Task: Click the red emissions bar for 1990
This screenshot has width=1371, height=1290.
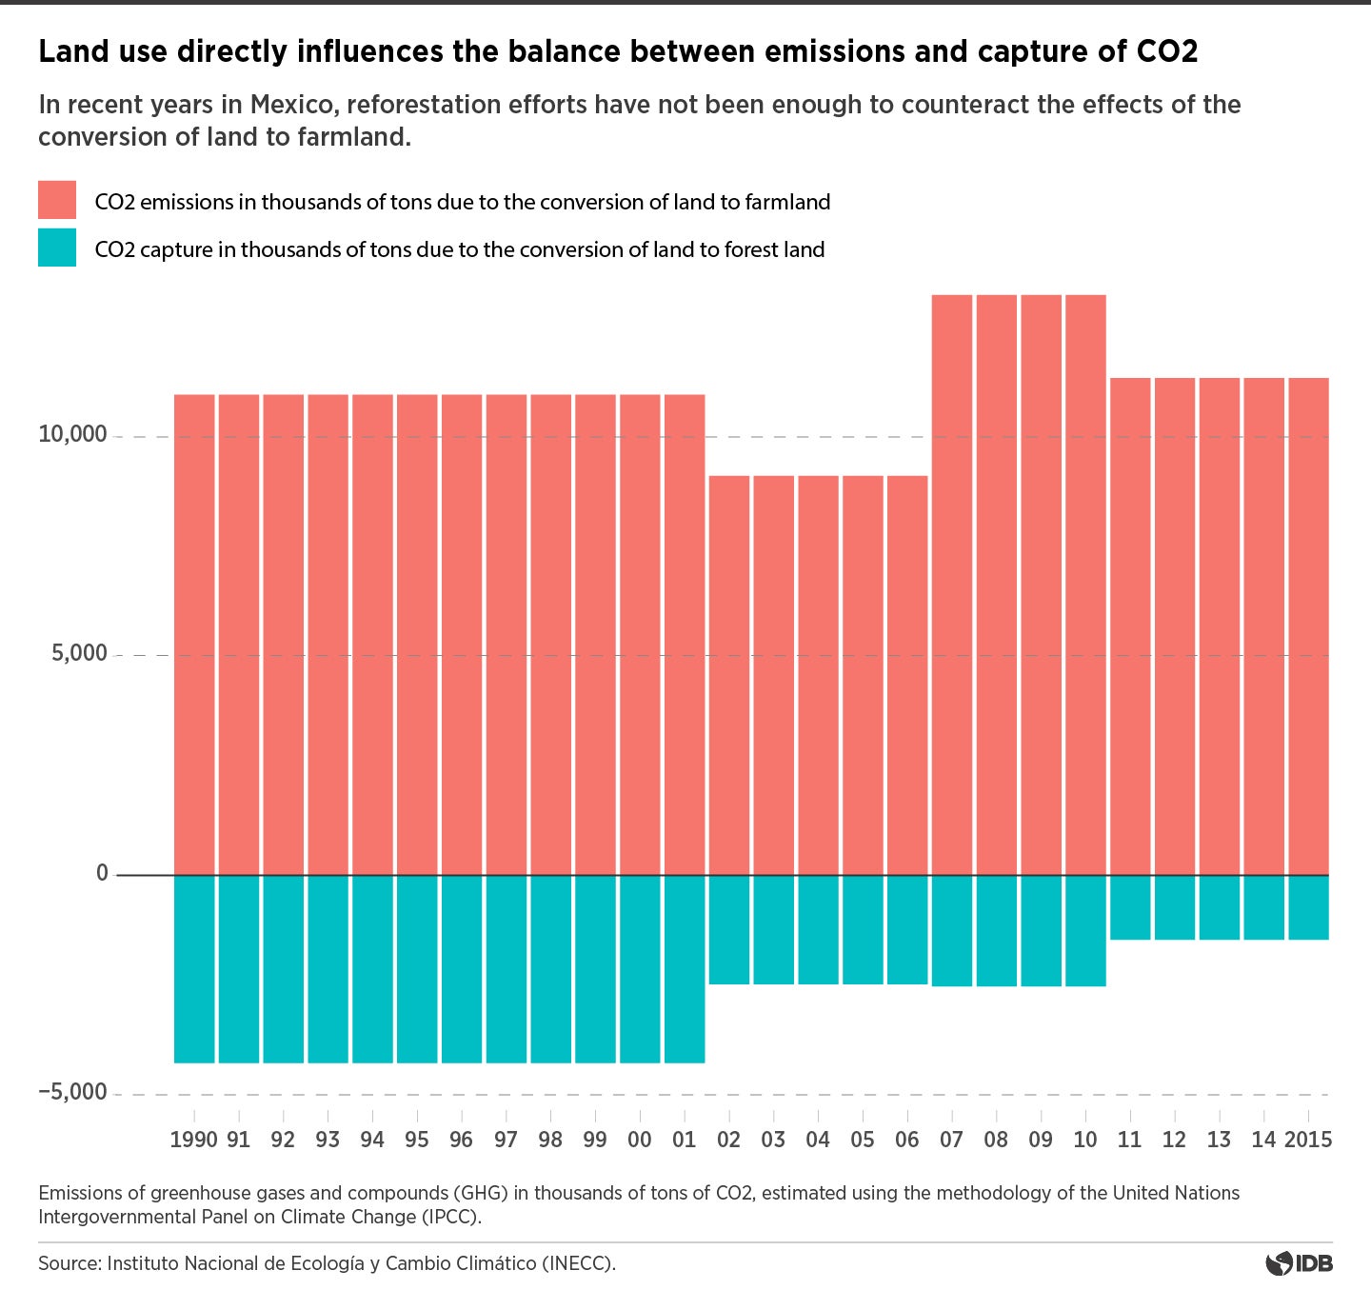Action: pos(194,634)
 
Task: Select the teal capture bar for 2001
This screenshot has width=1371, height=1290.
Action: pos(685,968)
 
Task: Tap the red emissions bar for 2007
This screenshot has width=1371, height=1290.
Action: pos(952,585)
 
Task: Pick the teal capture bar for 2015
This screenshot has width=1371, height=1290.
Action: pos(1308,907)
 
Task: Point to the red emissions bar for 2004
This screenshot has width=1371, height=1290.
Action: pos(818,675)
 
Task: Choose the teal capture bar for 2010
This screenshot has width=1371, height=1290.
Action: pos(1085,930)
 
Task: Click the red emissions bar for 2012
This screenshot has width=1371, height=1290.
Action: pos(1175,626)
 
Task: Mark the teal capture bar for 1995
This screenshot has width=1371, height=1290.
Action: pos(417,968)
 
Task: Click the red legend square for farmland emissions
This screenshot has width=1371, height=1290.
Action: pos(57,200)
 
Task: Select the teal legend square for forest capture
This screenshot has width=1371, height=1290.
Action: pos(57,248)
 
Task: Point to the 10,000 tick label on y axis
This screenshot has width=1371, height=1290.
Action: pos(72,435)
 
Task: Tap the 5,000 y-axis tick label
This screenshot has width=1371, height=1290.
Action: pos(79,653)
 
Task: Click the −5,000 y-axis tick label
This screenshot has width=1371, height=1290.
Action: pos(72,1092)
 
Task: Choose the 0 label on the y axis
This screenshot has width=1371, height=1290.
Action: pos(102,873)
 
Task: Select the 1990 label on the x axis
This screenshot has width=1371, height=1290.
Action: pos(193,1140)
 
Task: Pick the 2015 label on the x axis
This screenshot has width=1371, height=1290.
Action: pos(1308,1140)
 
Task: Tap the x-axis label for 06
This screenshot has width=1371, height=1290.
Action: pos(907,1140)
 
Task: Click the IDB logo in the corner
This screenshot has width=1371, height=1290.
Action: pos(1300,1264)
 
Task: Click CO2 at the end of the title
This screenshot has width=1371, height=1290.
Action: pos(1167,51)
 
